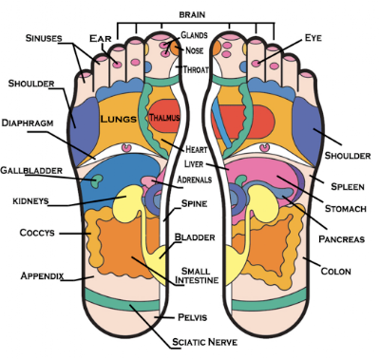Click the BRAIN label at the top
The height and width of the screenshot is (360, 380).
tap(192, 14)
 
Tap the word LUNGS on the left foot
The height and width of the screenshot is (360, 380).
tap(119, 119)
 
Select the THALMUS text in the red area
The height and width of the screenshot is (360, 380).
tap(164, 118)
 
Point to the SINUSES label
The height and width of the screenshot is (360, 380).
tap(44, 38)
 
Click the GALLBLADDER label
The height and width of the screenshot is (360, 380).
tap(31, 170)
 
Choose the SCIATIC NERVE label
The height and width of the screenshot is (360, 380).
tap(204, 342)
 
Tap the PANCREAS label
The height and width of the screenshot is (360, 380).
tap(342, 239)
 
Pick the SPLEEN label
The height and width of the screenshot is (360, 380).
tap(348, 186)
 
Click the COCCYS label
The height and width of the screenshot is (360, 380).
tap(37, 233)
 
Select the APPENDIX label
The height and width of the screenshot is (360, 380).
tap(42, 275)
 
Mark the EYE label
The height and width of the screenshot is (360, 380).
tap(313, 38)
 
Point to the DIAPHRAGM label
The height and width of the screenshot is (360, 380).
tap(28, 123)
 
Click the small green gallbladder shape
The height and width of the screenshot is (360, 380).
tap(97, 180)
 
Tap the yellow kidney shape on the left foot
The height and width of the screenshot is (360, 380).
tap(126, 203)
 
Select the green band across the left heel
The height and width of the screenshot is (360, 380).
tap(122, 301)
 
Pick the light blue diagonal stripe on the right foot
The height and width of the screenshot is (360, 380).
tap(221, 123)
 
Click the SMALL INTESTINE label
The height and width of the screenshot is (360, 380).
tap(197, 275)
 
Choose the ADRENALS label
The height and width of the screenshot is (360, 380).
tap(195, 180)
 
